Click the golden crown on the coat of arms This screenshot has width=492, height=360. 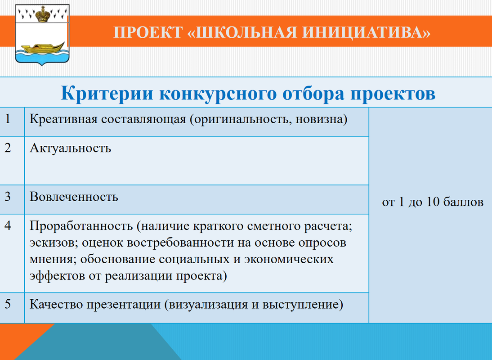coord(42,14)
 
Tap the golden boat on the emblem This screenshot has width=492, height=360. coord(42,48)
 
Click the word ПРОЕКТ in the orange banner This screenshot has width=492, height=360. coord(148,32)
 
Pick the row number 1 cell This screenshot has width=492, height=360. coord(12,122)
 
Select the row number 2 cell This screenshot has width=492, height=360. coord(12,161)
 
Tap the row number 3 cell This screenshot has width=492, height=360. coord(12,200)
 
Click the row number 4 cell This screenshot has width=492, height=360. coord(12,253)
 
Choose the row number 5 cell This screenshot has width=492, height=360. coord(12,308)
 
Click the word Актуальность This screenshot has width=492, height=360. coord(70,148)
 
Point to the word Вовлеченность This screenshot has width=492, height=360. coord(74,197)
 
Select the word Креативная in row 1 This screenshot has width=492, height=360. coord(63,119)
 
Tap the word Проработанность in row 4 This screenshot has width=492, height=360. coord(81,226)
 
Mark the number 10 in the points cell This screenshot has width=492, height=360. coord(433,202)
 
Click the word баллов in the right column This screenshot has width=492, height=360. coord(464,202)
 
